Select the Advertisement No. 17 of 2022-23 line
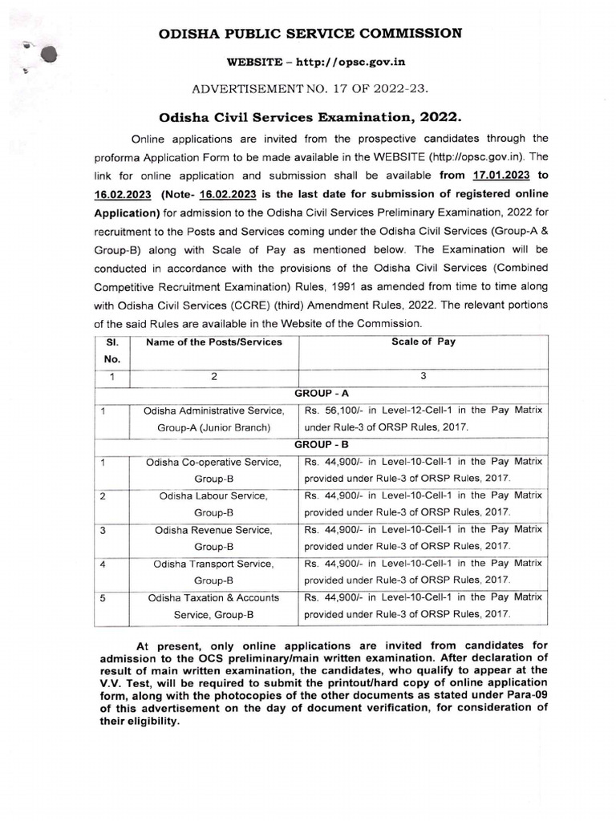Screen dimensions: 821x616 (x=307, y=89)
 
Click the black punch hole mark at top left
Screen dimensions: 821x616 (x=49, y=55)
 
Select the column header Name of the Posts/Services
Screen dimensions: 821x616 (x=213, y=342)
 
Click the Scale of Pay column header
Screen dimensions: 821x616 (x=423, y=342)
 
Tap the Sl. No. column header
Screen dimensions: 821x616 (x=112, y=350)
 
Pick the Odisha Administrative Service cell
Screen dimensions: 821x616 (x=213, y=419)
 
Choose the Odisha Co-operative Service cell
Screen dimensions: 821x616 (x=213, y=470)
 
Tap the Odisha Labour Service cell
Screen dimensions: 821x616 (x=213, y=504)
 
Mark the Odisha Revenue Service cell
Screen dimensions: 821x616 (x=213, y=538)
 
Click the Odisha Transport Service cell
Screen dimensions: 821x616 (x=213, y=572)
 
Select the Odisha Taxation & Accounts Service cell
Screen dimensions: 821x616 (x=213, y=606)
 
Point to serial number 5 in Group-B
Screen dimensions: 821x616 (x=103, y=598)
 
